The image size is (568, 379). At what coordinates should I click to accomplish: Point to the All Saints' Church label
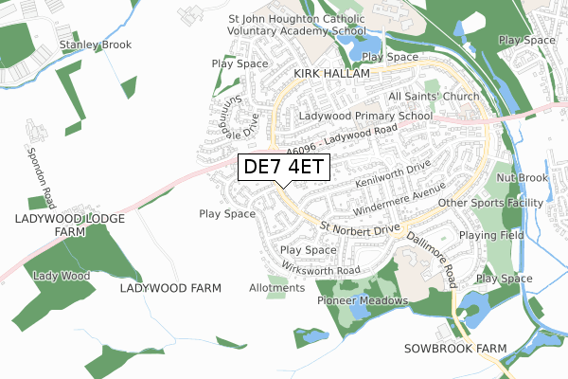pyautogui.click(x=435, y=98)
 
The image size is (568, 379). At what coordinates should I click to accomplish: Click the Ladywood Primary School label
pyautogui.click(x=351, y=116)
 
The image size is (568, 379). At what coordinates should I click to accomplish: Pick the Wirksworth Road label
pyautogui.click(x=321, y=270)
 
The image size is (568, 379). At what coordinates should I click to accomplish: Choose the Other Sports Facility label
pyautogui.click(x=489, y=203)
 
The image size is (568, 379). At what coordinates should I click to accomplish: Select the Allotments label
pyautogui.click(x=275, y=287)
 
